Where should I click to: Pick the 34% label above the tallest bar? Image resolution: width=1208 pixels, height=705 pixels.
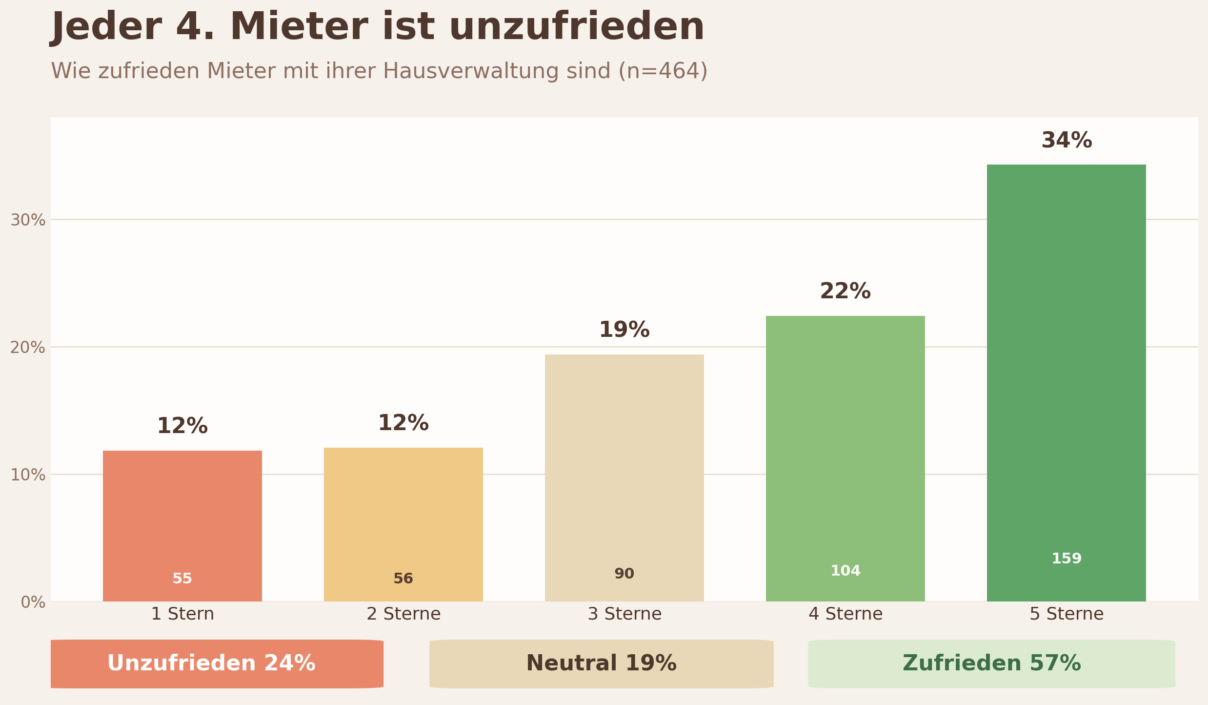pos(1067,141)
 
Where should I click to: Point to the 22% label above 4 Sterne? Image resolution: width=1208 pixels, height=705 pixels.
pos(845,292)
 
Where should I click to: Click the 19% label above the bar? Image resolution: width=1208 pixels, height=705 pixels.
pos(624,331)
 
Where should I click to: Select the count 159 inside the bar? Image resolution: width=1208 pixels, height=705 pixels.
pos(1066,559)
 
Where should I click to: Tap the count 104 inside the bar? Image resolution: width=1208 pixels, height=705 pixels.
pos(845,571)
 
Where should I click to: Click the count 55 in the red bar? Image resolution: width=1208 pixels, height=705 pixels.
pos(182,579)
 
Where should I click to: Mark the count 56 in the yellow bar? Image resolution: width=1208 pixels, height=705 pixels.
pos(403,579)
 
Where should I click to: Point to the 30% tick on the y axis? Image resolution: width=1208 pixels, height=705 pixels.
pos(28,220)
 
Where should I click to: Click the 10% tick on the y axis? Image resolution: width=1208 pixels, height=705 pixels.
pos(28,475)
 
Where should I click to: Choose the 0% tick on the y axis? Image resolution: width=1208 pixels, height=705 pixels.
pos(33,602)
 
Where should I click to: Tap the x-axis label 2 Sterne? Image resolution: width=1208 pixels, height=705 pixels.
pos(403,614)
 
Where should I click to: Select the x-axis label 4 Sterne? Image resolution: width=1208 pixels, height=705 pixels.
pos(846,614)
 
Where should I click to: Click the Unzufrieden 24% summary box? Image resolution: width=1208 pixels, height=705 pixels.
pos(217,664)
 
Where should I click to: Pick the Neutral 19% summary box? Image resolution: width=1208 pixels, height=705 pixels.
pos(601,664)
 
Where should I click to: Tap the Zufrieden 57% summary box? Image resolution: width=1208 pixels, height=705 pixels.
pos(991,664)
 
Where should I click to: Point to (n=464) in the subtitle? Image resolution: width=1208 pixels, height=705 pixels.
pos(663,71)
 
